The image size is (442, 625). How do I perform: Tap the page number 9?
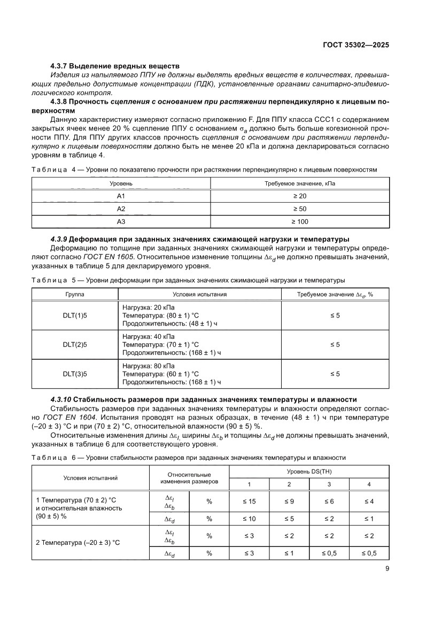[386, 568]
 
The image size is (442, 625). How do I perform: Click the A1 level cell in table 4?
[121, 196]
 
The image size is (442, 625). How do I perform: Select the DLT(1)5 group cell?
[75, 315]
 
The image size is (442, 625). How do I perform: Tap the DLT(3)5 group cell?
[75, 374]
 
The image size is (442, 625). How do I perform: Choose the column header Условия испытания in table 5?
[199, 294]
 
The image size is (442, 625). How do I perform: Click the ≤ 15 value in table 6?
[249, 501]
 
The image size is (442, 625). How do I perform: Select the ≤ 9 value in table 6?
[289, 501]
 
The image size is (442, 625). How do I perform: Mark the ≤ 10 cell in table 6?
[249, 519]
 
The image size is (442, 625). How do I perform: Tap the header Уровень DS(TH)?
[309, 472]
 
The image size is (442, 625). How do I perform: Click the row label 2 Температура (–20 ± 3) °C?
[78, 542]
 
